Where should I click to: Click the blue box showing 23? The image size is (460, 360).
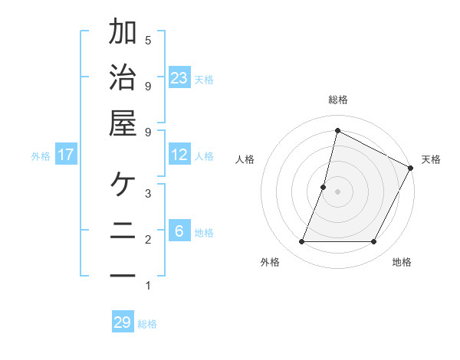tap(179, 77)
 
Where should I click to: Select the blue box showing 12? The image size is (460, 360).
tap(179, 155)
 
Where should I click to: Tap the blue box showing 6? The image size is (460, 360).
tap(179, 231)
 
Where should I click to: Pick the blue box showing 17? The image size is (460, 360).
tap(66, 155)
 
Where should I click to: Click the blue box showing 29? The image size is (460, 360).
tap(123, 322)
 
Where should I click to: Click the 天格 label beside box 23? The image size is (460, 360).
tap(203, 79)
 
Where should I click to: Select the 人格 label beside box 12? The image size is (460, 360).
tap(203, 155)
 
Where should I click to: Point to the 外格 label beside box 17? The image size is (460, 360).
tap(41, 155)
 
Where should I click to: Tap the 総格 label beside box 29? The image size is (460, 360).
tap(147, 323)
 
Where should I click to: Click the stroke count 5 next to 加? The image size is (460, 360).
tap(148, 40)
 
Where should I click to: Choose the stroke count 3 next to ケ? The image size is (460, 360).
tap(148, 193)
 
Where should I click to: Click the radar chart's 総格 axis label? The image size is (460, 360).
tap(337, 100)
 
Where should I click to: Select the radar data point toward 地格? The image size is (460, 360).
tap(374, 242)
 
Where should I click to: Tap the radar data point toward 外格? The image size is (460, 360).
tap(301, 242)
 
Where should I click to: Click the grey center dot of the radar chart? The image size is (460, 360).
tap(337, 191)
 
